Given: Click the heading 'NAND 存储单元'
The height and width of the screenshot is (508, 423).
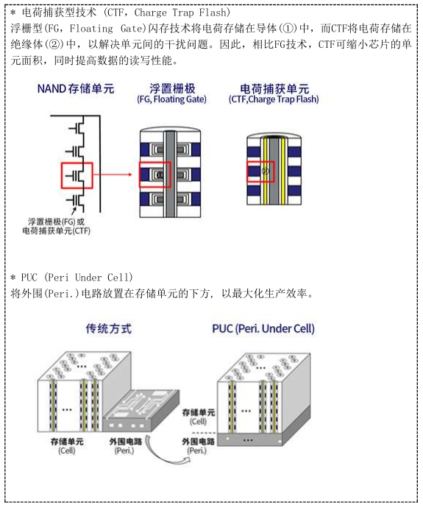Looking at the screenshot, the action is click(x=76, y=88).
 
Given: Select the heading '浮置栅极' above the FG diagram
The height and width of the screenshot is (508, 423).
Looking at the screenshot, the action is click(x=172, y=88).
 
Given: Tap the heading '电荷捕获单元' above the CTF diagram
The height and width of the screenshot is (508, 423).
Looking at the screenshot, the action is click(x=274, y=88).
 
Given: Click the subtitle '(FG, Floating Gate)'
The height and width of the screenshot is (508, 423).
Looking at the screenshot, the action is click(x=172, y=99).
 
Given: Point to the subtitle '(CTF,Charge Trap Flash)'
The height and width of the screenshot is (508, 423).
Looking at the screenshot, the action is click(x=274, y=99).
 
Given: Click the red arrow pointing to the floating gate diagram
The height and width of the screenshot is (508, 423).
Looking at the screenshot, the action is click(x=113, y=174).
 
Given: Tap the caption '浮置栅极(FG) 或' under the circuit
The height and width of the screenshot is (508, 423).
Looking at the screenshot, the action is click(x=56, y=222).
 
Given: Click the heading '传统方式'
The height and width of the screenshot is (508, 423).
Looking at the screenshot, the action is click(x=109, y=328).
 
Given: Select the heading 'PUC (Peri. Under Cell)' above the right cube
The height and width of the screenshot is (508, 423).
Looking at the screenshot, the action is click(x=263, y=328).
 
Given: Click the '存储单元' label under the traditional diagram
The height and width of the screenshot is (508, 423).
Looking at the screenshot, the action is click(x=67, y=442).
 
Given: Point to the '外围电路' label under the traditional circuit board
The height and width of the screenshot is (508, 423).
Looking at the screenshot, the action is click(x=125, y=442).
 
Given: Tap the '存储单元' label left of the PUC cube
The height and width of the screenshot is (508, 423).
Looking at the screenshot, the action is click(x=199, y=412).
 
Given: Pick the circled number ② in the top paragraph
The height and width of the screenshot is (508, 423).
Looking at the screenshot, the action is click(x=54, y=44).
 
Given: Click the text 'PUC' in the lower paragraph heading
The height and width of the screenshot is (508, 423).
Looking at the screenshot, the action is click(x=29, y=278).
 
